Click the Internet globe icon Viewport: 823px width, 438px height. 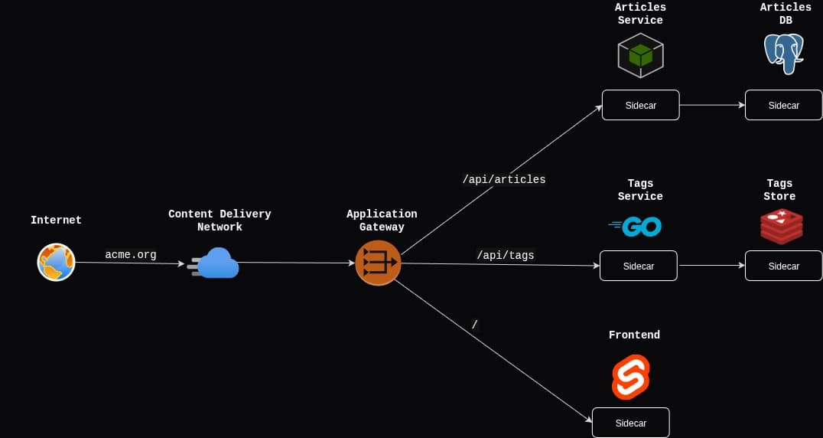click(56, 262)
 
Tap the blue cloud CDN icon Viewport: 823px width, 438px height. click(216, 263)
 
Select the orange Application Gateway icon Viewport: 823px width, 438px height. click(378, 263)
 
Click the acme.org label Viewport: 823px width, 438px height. click(131, 254)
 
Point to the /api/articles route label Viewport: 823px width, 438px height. click(504, 179)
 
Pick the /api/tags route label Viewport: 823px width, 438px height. click(506, 255)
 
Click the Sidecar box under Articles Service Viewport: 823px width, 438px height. click(640, 105)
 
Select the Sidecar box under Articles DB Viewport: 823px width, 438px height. click(783, 105)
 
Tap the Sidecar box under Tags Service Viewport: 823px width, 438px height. click(638, 266)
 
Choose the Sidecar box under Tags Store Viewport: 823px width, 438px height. click(783, 266)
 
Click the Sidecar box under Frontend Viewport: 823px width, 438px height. click(630, 423)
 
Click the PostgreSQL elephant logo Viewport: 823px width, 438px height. click(784, 53)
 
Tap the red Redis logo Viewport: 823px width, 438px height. click(781, 227)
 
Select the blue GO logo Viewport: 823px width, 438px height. click(636, 226)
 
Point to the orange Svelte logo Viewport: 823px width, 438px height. click(631, 377)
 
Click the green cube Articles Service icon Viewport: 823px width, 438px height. click(640, 55)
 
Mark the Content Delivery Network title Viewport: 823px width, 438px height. click(220, 221)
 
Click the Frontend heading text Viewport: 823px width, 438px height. click(634, 335)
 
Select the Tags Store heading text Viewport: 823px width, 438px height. click(779, 190)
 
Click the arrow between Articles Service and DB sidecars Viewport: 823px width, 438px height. click(712, 105)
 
